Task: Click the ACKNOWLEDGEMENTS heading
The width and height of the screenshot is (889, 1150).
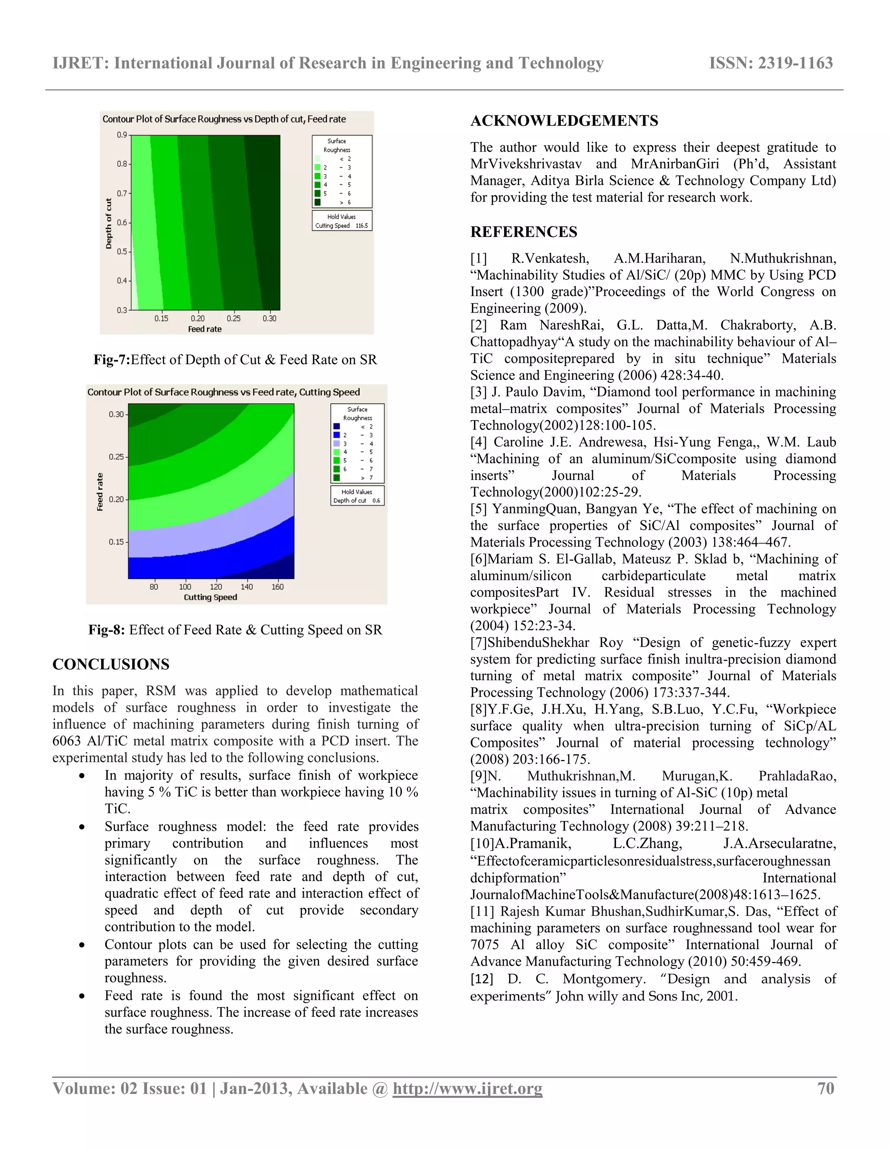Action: pos(564,121)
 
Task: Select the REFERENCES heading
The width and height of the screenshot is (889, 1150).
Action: pos(524,232)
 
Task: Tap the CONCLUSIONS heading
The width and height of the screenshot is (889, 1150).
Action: pos(111,664)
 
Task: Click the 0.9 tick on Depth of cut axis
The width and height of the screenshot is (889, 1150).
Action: pos(122,135)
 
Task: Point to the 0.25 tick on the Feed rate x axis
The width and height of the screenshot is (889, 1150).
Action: pos(233,319)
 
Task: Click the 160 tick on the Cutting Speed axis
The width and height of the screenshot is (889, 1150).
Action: pos(277,587)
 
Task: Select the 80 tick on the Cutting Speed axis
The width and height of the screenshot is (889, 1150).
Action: pos(154,587)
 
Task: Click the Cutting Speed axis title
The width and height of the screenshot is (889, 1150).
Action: pos(210,597)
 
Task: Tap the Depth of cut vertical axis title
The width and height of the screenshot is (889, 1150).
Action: pos(109,223)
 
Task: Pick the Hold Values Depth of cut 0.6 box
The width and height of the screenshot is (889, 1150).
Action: pos(357,496)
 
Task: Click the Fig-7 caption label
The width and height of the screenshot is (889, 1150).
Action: pos(112,360)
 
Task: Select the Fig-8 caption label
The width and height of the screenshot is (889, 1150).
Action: pos(106,630)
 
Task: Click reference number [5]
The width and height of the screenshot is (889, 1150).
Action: pos(479,509)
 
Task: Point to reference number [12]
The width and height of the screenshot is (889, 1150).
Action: pos(482,979)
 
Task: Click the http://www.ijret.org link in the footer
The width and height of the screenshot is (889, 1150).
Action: pos(467,1088)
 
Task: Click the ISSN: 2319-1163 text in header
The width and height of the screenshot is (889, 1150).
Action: pos(770,63)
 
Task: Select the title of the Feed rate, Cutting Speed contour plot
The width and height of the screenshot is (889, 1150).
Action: pos(223,392)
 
